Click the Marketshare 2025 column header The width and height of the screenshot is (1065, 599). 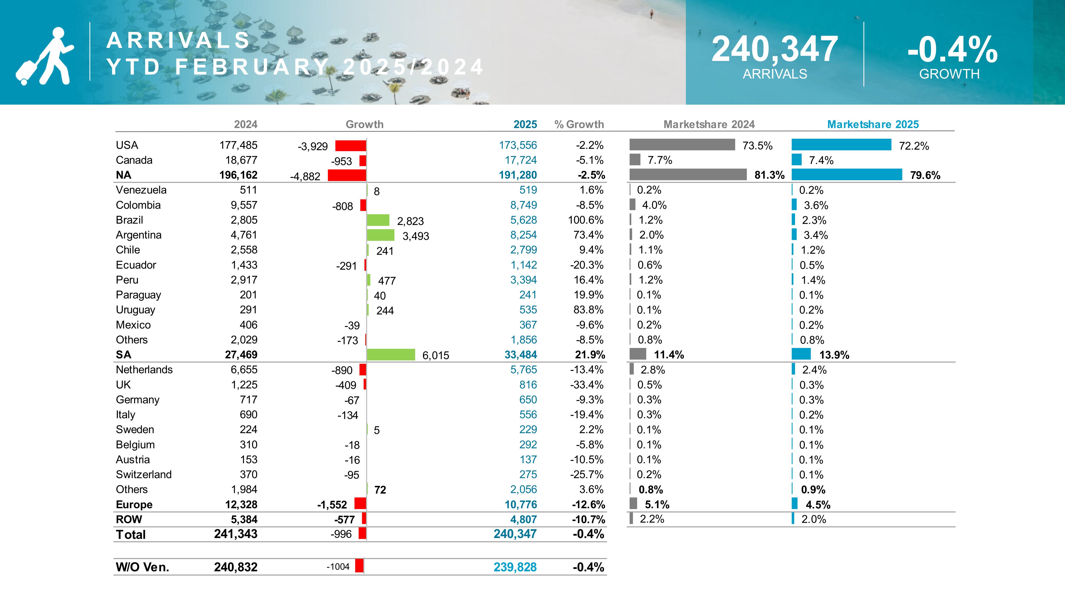(873, 124)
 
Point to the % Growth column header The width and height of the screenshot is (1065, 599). (579, 124)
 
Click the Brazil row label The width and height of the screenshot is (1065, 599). (129, 220)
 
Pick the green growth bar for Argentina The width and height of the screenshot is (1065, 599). (380, 235)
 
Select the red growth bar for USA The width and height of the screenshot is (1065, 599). (351, 146)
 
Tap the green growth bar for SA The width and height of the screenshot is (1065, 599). (391, 355)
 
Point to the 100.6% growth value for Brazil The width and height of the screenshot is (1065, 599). (585, 220)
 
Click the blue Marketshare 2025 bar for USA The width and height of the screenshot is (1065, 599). (841, 145)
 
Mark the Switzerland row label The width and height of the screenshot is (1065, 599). (144, 475)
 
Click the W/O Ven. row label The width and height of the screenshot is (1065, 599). (142, 567)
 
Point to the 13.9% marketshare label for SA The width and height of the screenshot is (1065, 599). (834, 355)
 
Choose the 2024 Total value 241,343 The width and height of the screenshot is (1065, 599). (236, 534)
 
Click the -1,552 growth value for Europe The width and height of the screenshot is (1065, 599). (332, 505)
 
